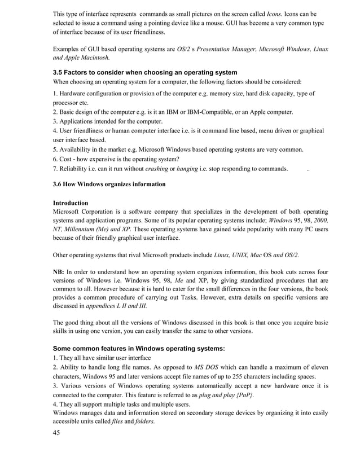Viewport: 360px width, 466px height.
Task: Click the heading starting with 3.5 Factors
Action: point(144,72)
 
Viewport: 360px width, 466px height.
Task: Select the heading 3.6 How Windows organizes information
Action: point(109,184)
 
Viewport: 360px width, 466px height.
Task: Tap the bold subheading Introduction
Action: point(71,203)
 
